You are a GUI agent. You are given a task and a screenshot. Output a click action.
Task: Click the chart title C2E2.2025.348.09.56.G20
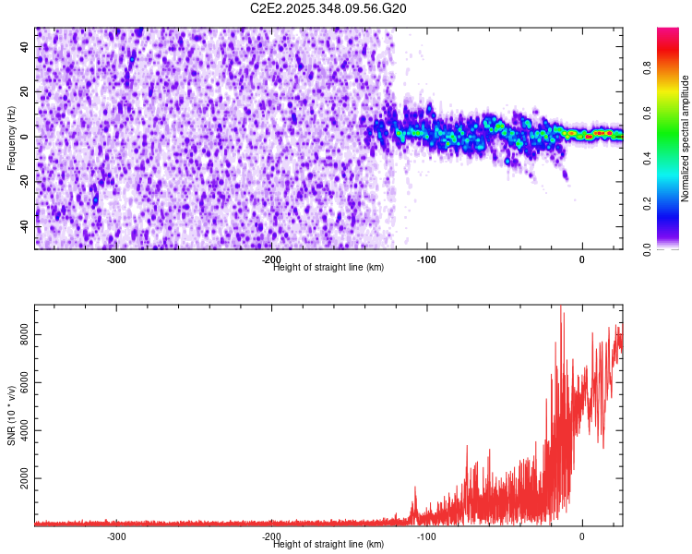pos(328,8)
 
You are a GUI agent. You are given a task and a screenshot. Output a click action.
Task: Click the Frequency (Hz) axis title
pos(11,138)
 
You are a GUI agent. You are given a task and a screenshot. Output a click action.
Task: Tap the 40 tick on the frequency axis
pos(25,48)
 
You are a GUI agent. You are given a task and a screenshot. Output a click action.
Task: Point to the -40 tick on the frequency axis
pos(25,225)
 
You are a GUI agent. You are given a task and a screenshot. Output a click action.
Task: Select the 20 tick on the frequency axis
pos(25,92)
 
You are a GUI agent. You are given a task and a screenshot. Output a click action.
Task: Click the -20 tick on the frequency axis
pos(25,181)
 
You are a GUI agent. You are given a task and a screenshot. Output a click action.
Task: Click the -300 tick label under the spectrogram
pos(116,259)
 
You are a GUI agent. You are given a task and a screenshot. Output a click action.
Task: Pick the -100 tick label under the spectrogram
pos(426,259)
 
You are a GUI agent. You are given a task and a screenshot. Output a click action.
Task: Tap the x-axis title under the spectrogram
pos(328,267)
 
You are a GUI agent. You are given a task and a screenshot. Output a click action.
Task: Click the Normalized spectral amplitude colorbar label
pos(686,138)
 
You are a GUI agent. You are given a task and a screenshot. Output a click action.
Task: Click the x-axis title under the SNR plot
pos(328,544)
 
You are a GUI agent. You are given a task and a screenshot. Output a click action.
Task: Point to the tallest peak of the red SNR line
pos(561,308)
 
